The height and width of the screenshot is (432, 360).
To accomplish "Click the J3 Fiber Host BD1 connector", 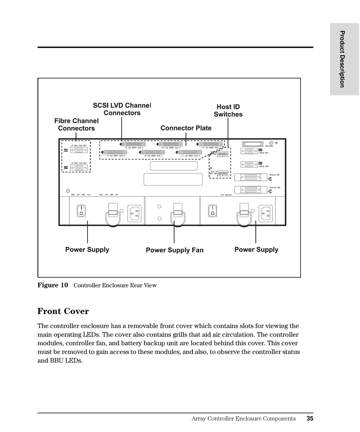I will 79,150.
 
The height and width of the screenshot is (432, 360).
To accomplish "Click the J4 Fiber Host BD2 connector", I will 79,167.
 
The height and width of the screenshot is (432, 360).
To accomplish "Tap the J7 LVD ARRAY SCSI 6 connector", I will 116,152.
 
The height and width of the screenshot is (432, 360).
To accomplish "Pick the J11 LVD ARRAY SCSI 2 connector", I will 190,152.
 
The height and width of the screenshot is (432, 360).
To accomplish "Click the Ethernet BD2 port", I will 251,190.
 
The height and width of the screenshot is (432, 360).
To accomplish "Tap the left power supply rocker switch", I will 81,211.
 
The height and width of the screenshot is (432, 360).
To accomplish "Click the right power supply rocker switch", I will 213,211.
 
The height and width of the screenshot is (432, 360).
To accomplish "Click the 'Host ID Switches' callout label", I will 228,111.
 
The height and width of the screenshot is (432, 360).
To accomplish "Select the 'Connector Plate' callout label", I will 186,128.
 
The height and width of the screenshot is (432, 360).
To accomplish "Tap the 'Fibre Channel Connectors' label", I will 76,124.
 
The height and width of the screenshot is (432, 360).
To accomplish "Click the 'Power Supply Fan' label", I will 175,250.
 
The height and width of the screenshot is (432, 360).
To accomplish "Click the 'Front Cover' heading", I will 63,311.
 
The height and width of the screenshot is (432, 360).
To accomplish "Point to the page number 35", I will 310,419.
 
